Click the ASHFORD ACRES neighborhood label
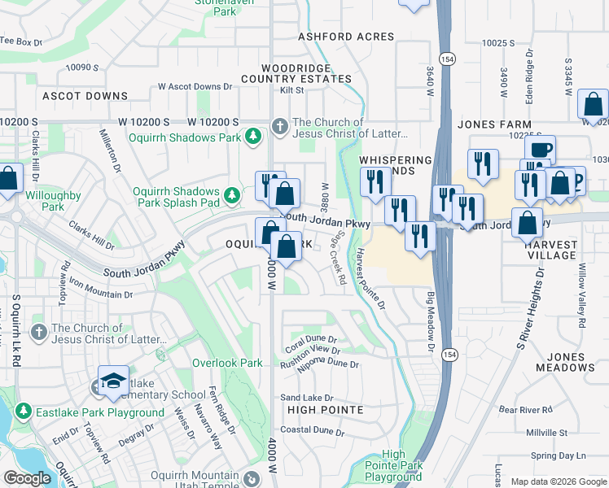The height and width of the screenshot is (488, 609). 346,37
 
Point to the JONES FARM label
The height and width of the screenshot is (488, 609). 489,124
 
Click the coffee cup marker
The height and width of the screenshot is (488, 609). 539,149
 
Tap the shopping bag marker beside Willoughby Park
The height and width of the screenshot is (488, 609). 8,179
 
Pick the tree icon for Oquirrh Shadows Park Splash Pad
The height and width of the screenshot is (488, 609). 233,194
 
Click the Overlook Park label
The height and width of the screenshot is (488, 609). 227,363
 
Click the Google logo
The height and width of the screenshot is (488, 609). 27,478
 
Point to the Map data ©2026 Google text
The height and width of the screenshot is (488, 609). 558,481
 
